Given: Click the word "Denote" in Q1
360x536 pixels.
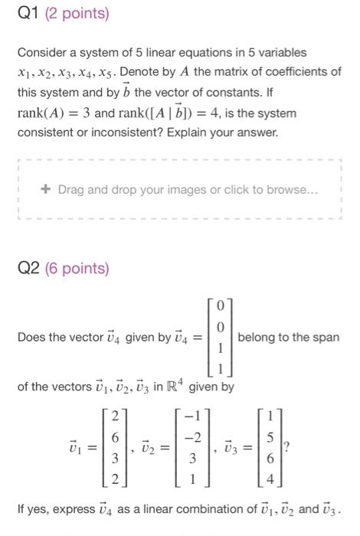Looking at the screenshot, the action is pyautogui.click(x=140, y=72).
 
